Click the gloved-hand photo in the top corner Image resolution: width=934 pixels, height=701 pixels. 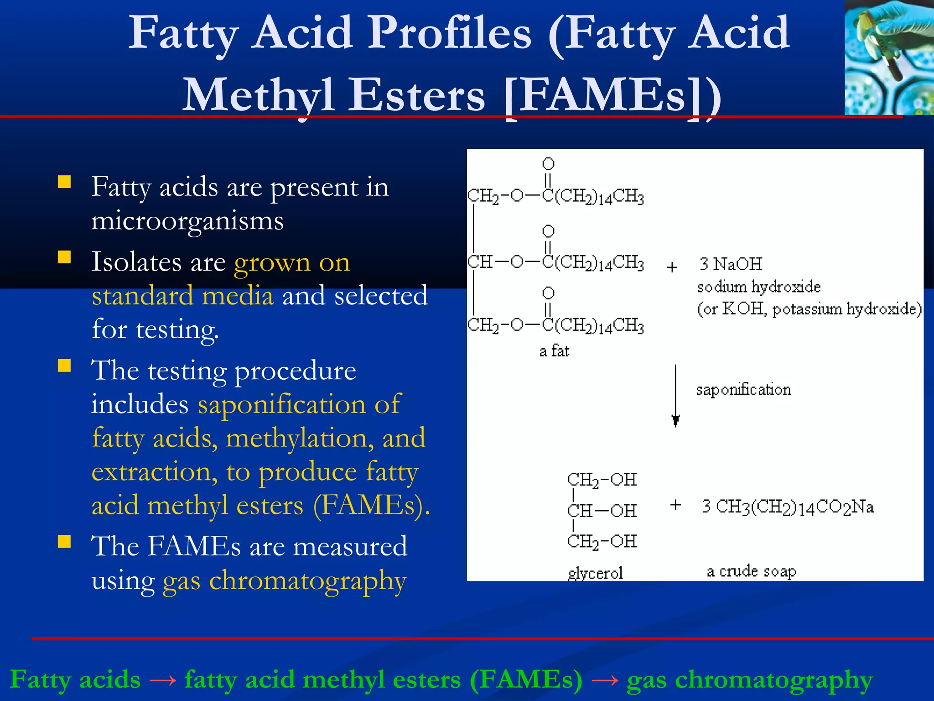(x=888, y=57)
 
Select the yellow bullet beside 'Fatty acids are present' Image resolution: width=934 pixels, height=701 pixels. (x=64, y=183)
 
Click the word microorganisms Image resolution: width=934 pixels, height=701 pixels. (x=187, y=221)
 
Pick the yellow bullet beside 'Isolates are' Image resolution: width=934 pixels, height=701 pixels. (x=64, y=257)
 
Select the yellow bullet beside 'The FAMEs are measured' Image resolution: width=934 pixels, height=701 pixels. (x=64, y=541)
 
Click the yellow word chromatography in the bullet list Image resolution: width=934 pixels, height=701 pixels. (x=308, y=581)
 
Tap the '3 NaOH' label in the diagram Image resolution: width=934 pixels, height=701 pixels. (x=731, y=264)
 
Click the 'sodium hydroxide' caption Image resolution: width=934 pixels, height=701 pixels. (x=759, y=287)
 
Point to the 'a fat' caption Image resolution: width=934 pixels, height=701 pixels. (x=554, y=350)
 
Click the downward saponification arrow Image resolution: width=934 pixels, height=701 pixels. (x=675, y=395)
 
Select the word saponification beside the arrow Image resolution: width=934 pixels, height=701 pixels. (x=743, y=390)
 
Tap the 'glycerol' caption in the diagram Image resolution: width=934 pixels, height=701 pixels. (x=595, y=573)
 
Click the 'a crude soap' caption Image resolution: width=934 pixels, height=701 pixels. (x=751, y=571)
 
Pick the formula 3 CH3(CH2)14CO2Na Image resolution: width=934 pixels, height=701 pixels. (x=788, y=507)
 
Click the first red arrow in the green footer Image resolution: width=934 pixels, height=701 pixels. (x=162, y=680)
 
